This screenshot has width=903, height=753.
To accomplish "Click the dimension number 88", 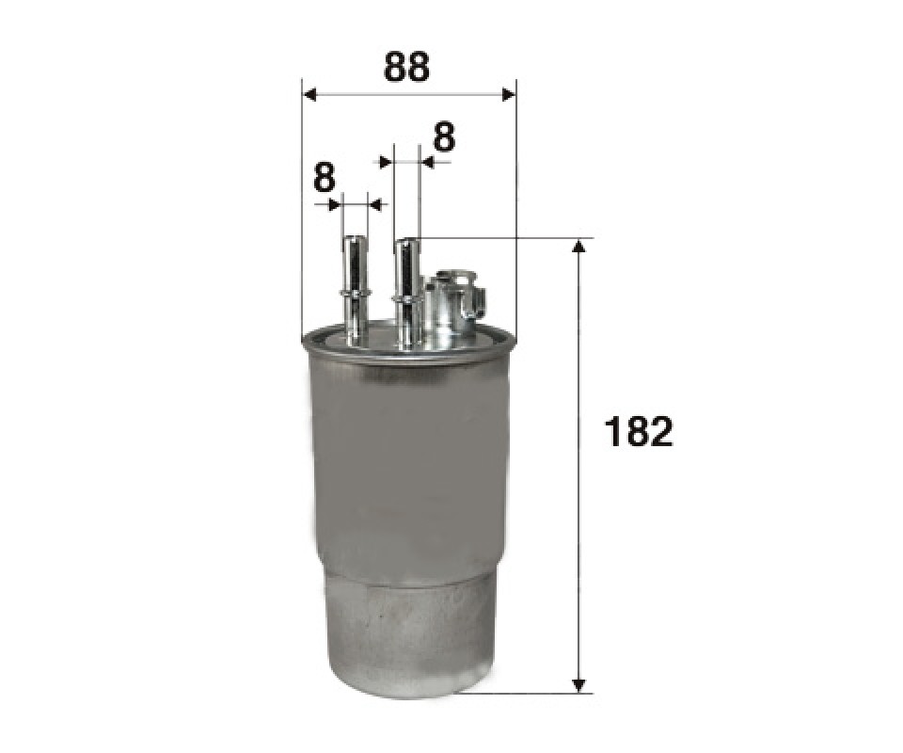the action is coord(406,67).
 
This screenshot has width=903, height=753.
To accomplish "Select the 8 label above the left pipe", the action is coord(325,178).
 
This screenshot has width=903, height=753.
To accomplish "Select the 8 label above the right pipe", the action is coord(443,137).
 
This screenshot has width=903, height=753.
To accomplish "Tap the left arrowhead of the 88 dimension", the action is coord(309,95).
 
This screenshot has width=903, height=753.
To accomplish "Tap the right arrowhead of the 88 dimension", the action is coord(509,95).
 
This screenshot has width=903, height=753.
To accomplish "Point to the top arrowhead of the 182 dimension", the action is coord(580,246).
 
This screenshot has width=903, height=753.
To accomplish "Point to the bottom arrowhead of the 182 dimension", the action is coord(580,684).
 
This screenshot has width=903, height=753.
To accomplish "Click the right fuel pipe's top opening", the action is coord(406,241).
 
